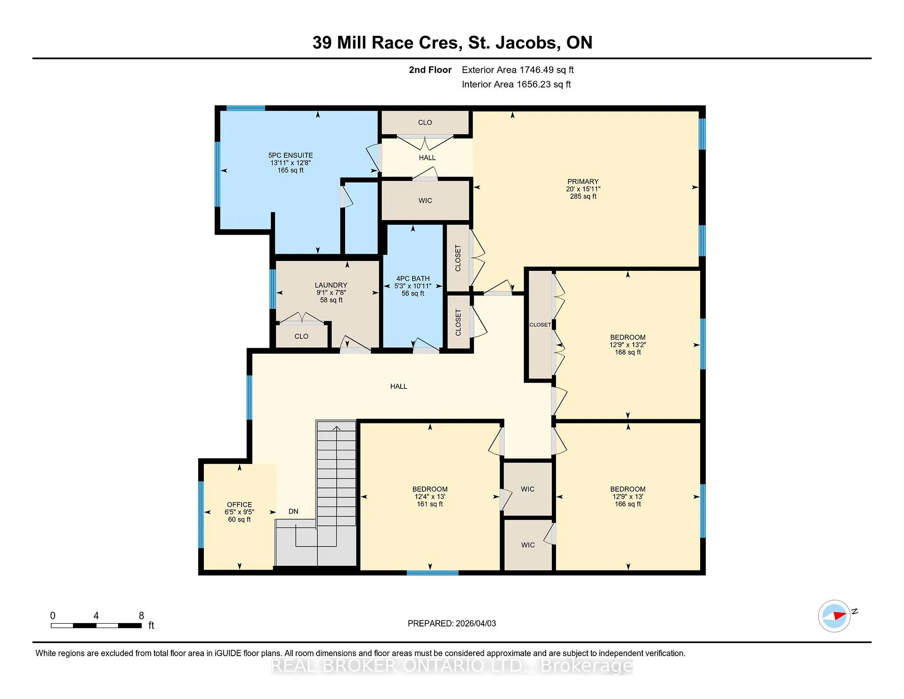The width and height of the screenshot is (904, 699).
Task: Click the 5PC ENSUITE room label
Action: pyautogui.click(x=291, y=155)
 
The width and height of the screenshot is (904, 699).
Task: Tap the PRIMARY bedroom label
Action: pyautogui.click(x=583, y=181)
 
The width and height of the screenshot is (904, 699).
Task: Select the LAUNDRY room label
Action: pyautogui.click(x=331, y=285)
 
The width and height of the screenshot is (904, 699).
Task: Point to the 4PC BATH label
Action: pyautogui.click(x=413, y=278)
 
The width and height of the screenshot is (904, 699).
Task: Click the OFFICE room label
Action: pyautogui.click(x=239, y=504)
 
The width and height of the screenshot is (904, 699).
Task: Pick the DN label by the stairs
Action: pyautogui.click(x=293, y=512)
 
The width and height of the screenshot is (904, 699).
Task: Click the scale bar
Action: pyautogui.click(x=96, y=626)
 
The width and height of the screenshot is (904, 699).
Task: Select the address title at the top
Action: pyautogui.click(x=452, y=43)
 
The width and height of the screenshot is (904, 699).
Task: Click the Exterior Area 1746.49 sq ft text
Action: pyautogui.click(x=518, y=70)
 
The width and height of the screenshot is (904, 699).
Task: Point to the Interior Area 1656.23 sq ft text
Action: pyautogui.click(x=516, y=84)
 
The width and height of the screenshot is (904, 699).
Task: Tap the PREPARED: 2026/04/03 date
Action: pyautogui.click(x=452, y=624)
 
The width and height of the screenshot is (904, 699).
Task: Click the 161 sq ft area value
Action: pyautogui.click(x=430, y=504)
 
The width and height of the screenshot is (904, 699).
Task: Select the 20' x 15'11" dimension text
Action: pyautogui.click(x=583, y=189)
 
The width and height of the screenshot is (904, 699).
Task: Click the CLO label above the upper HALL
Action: pyautogui.click(x=425, y=122)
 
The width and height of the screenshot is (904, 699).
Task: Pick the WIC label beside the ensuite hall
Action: pyautogui.click(x=425, y=201)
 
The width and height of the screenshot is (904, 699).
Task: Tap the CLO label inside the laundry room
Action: pyautogui.click(x=301, y=336)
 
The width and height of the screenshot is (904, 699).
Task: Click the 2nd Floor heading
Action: pyautogui.click(x=430, y=70)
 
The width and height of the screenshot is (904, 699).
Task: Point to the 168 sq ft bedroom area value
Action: pyautogui.click(x=628, y=352)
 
